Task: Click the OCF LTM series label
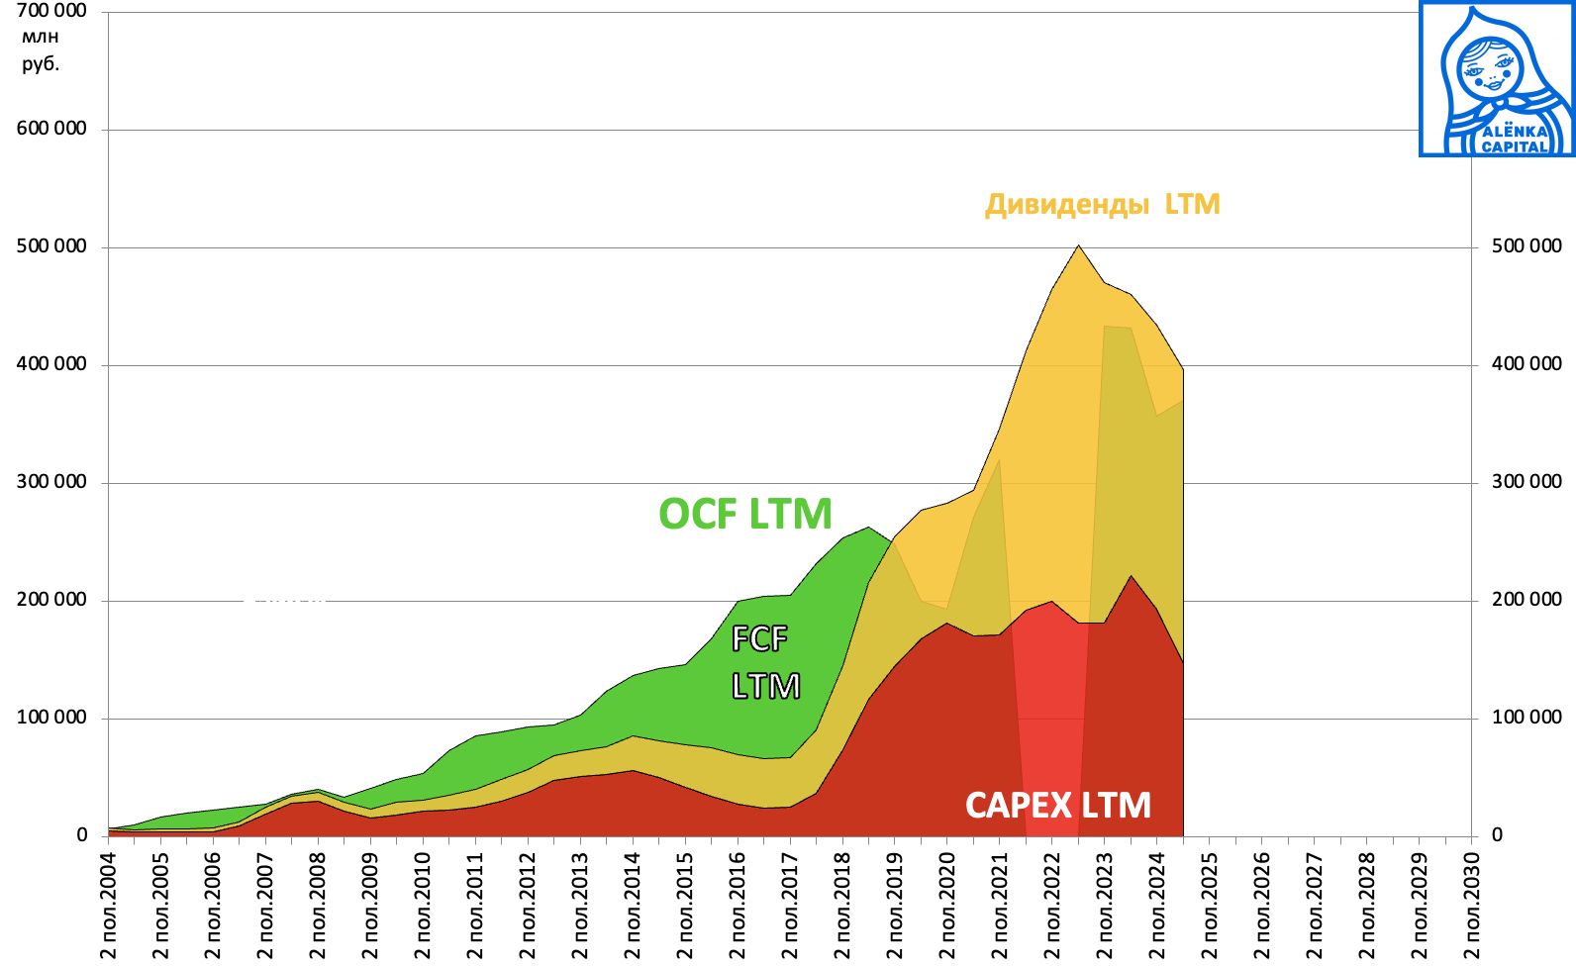pos(744,514)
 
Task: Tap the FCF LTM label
pos(763,662)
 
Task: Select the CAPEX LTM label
pos(1057,806)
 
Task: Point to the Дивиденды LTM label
pos(1102,204)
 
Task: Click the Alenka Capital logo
pos(1496,79)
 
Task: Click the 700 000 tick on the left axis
pos(51,11)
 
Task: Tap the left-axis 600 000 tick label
pos(51,129)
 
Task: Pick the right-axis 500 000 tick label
pos(1526,246)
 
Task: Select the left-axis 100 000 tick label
pos(51,718)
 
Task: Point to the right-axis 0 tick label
pos(1497,835)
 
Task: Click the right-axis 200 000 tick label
pos(1526,600)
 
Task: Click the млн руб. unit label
pos(41,50)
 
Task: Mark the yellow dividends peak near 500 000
pos(1078,247)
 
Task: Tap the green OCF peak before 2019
pos(868,529)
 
